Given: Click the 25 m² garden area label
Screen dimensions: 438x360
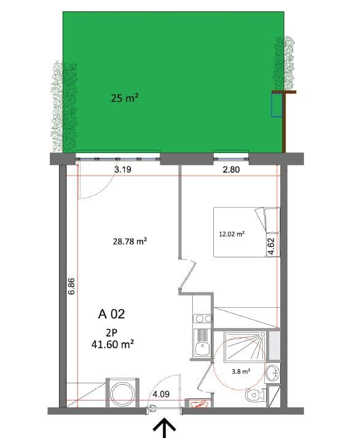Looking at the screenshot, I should pos(124,98).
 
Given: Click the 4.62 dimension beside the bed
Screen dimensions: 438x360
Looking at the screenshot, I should pos(270,246).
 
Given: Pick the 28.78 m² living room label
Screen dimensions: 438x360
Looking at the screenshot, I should pos(130,242).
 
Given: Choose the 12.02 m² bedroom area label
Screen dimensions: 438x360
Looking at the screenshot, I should pos(232,234).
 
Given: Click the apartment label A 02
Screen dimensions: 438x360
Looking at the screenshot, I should pos(112,314).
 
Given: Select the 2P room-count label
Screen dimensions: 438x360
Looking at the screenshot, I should pos(111,332).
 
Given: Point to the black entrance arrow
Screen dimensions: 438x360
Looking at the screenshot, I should pos(165,428).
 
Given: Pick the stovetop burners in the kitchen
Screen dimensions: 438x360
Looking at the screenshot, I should pos(202,319).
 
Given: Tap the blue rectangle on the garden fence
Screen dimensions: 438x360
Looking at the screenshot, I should pos(276,105).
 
